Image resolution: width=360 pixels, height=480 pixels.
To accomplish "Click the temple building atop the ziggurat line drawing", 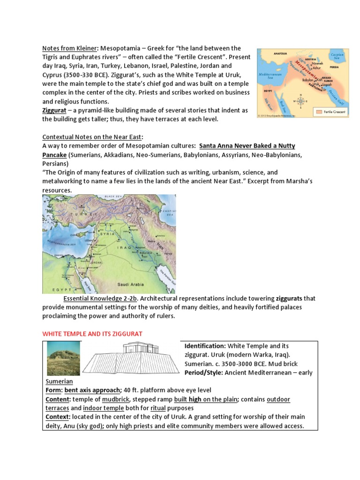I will pos(140,347).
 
